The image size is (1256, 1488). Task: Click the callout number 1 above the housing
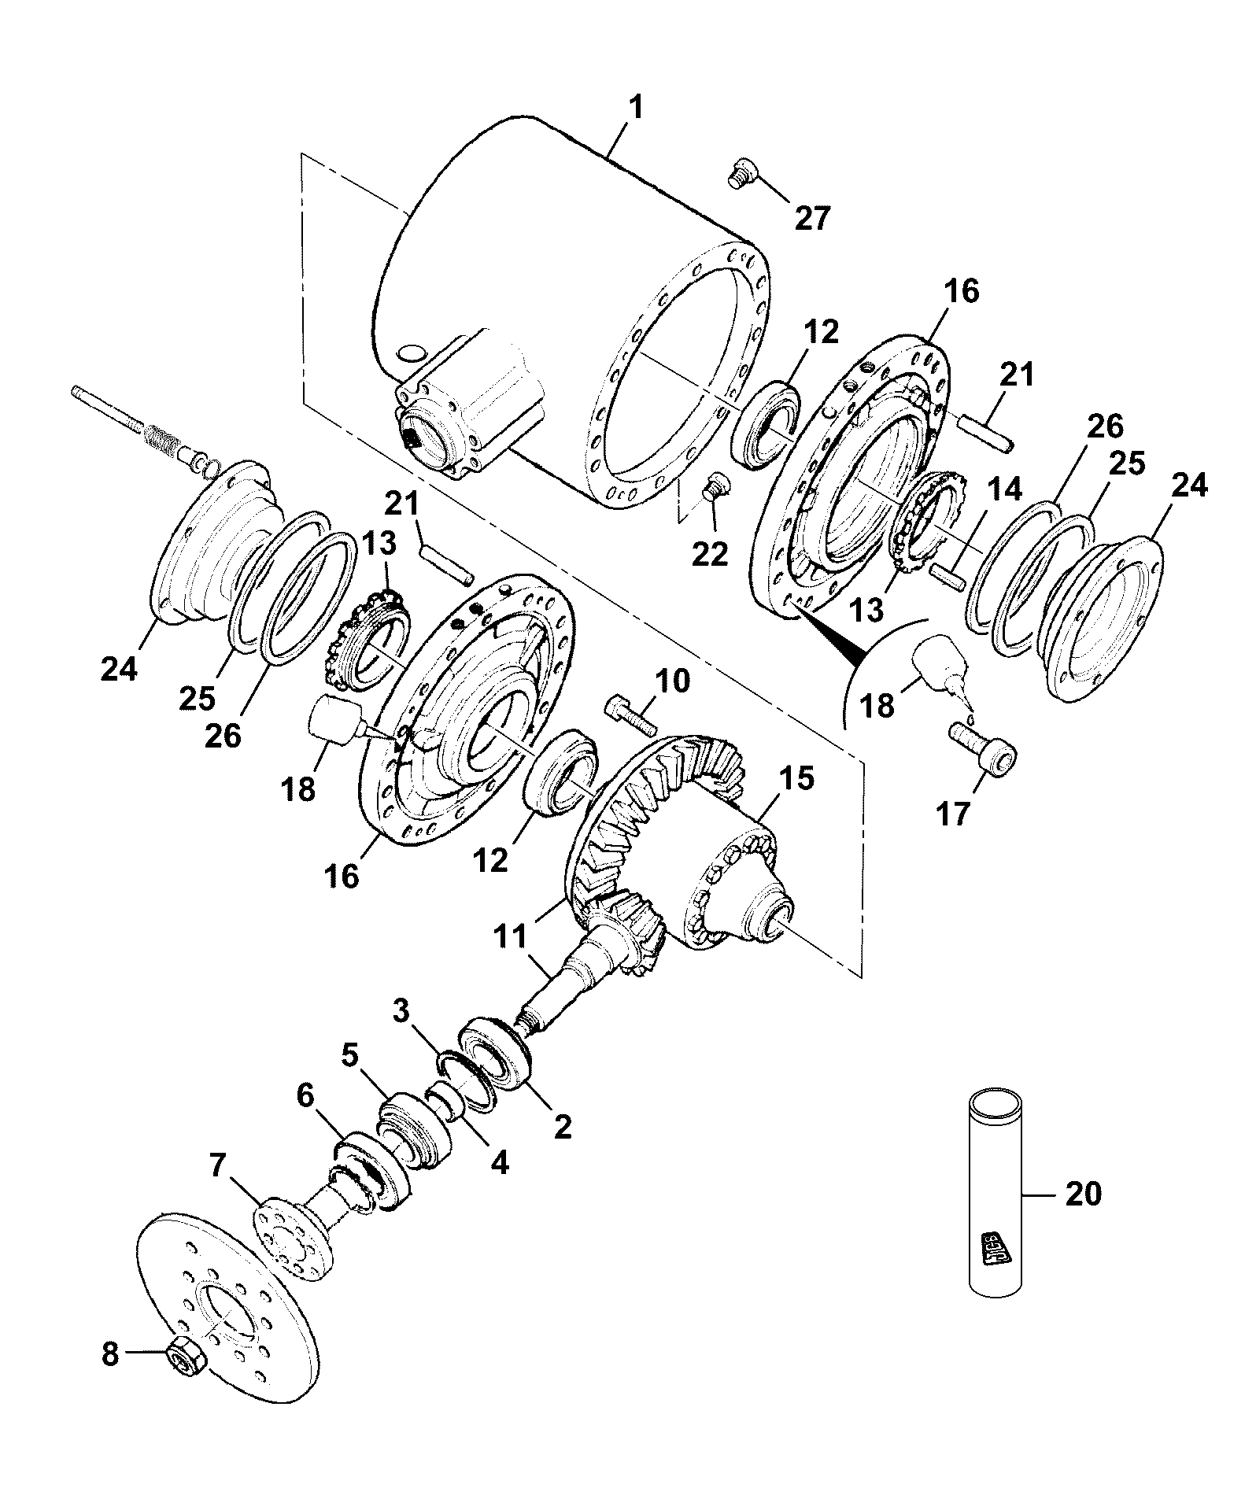coord(636,109)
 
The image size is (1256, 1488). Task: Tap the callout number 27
coord(812,218)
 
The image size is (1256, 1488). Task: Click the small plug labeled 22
coord(715,488)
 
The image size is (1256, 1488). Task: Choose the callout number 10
coord(670,681)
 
